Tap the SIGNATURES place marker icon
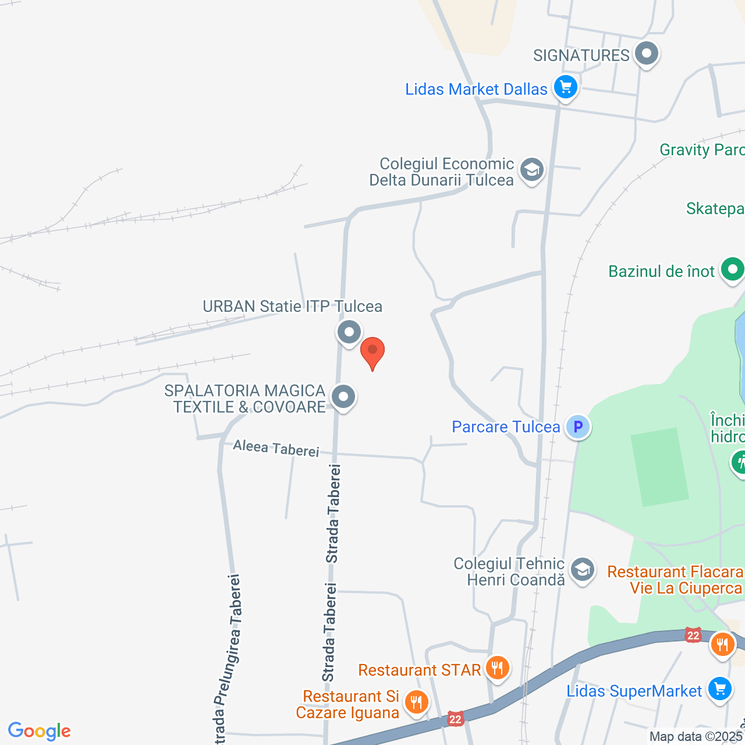click(x=645, y=54)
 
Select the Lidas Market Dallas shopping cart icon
click(x=565, y=88)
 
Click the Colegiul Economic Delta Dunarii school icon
click(x=531, y=170)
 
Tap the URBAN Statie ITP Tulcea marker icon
click(x=349, y=332)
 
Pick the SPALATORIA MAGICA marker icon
click(x=343, y=397)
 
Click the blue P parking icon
click(x=578, y=427)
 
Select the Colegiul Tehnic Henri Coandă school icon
click(x=582, y=569)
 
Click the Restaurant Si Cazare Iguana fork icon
click(x=416, y=702)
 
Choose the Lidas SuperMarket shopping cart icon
click(x=720, y=689)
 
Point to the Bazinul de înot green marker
click(x=732, y=270)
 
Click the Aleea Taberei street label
click(x=276, y=449)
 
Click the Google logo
click(x=40, y=731)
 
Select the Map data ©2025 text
click(x=696, y=737)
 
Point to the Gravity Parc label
click(x=701, y=150)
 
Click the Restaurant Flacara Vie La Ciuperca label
click(x=675, y=580)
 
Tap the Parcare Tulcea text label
click(x=506, y=427)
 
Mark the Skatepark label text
click(x=715, y=209)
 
